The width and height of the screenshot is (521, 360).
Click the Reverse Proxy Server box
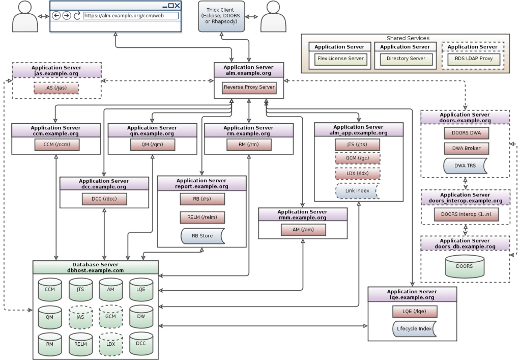pos(249,87)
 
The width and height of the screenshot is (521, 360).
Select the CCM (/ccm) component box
pos(55,145)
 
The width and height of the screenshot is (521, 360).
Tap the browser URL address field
pos(131,16)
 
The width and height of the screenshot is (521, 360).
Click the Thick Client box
pos(221,16)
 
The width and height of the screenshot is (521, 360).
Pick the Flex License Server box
pos(340,59)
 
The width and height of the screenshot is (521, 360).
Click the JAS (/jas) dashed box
pos(56,88)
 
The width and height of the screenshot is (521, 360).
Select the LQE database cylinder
pos(141,290)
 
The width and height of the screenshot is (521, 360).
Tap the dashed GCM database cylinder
pos(110,317)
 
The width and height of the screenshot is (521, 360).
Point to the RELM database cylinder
pos(80,344)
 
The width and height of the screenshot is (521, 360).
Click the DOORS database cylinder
pos(464,266)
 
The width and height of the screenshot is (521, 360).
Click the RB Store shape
pos(202,236)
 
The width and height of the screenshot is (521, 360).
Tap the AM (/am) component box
pos(302,230)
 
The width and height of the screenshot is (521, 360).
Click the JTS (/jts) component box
pos(358,145)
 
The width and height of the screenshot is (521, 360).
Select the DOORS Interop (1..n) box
pos(466,214)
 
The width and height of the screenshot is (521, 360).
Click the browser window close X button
pos(177,6)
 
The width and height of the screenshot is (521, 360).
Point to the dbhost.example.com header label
pos(95,270)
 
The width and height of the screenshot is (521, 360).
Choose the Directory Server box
pos(406,59)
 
